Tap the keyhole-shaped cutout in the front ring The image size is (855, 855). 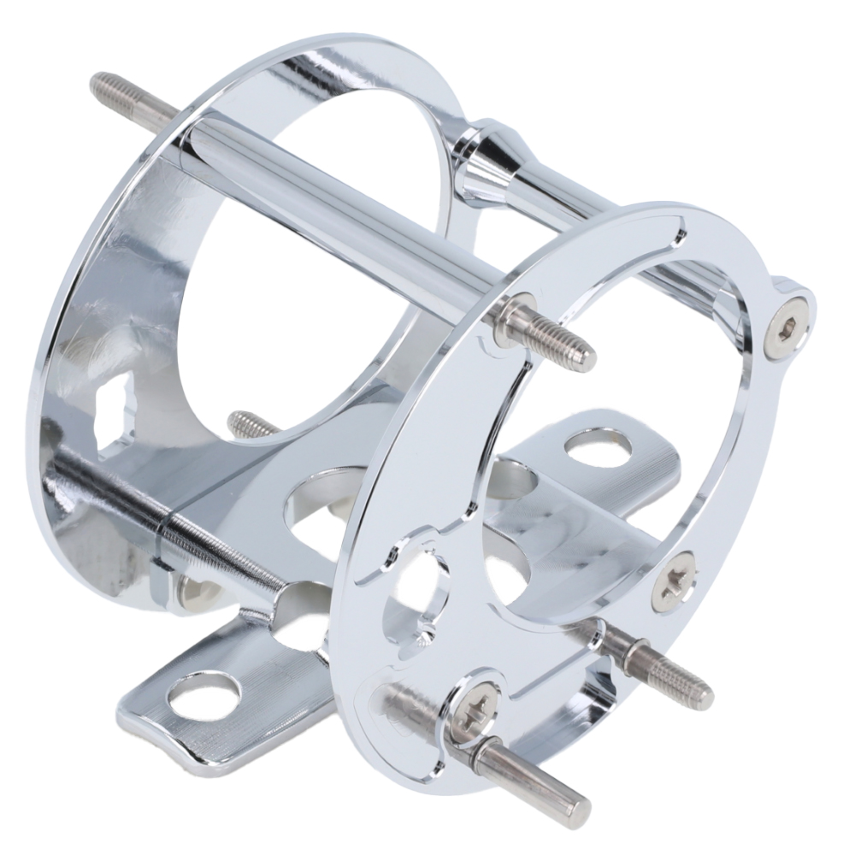(x=422, y=590)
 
